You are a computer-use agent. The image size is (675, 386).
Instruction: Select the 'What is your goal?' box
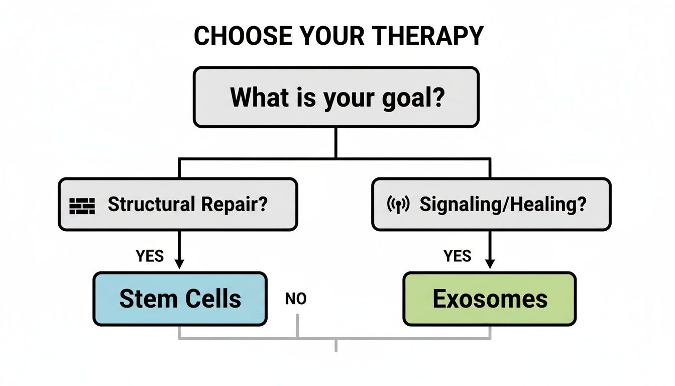[336, 97]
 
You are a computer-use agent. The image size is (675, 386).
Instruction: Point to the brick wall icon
[82, 206]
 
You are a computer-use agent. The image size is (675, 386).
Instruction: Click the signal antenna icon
[398, 205]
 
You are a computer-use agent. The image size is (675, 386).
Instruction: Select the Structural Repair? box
[178, 205]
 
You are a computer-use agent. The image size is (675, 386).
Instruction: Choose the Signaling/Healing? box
[491, 205]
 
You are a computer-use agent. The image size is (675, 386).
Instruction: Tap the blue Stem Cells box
[180, 299]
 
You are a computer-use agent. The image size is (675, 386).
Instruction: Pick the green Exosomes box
[490, 299]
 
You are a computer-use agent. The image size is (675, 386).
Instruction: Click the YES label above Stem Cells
[150, 256]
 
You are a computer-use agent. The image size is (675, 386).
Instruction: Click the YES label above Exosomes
[458, 256]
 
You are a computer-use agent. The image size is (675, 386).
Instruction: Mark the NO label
[296, 300]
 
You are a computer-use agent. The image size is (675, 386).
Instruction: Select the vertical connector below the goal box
[335, 143]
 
